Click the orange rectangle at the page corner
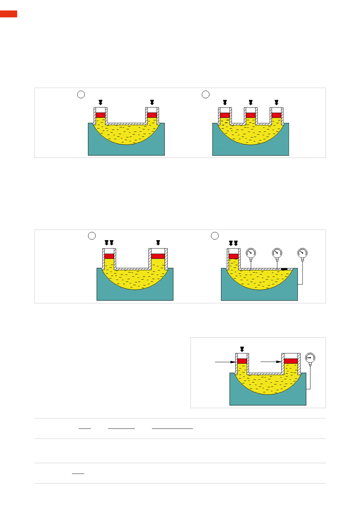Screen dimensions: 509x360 pos(8,14)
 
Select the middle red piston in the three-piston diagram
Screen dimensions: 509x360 pos(251,115)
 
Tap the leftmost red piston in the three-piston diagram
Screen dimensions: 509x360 pos(225,115)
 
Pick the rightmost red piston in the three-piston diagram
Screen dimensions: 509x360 pos(276,115)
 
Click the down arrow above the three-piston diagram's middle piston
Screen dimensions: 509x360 pos(251,102)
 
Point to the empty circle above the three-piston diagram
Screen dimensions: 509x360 pos(206,94)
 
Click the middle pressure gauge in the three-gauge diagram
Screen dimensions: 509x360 pos(277,253)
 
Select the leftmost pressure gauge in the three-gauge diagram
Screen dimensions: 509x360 pos(251,253)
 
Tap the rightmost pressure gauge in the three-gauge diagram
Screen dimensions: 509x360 pos(303,253)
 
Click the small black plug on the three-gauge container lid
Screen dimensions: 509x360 pos(284,269)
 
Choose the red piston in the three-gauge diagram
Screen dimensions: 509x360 pos(234,256)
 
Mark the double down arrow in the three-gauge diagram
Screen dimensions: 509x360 pos(233,243)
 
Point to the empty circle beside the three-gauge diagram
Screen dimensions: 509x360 pos(215,236)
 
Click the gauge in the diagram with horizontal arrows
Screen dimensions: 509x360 pos(310,358)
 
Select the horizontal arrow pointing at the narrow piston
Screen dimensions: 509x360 pos(225,362)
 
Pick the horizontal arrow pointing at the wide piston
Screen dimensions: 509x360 pos(271,362)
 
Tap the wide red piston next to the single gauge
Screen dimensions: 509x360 pos(291,361)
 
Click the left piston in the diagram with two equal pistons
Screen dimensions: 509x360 pos(100,115)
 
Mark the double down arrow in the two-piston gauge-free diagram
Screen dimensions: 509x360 pos(109,243)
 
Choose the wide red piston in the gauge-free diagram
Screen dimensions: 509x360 pos(158,256)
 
